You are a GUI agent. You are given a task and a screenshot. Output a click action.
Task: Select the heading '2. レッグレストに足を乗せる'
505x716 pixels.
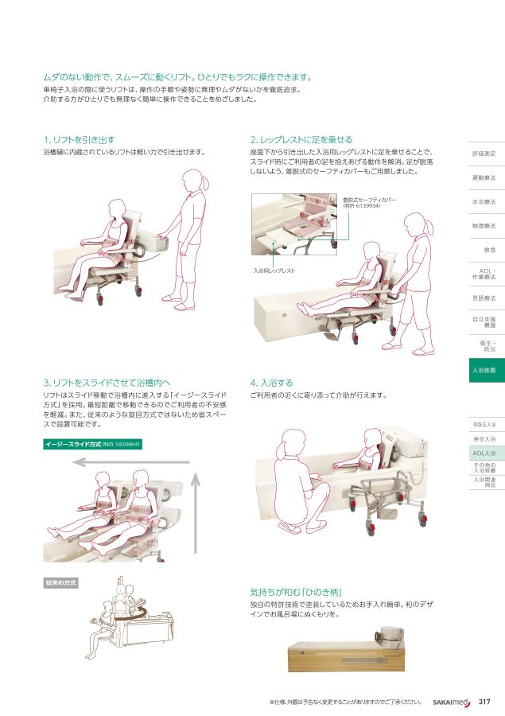(301, 139)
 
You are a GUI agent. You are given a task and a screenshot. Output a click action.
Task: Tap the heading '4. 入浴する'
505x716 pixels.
(271, 382)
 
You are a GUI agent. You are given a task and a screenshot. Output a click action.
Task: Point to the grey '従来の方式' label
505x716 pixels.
(60, 583)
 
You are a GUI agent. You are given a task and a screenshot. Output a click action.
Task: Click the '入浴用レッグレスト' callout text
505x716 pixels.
(274, 270)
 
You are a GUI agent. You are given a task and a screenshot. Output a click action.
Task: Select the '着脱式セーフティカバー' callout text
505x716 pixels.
(369, 202)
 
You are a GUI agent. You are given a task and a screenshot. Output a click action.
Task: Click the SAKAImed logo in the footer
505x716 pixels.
(452, 702)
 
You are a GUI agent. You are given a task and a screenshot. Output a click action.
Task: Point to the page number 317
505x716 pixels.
(485, 702)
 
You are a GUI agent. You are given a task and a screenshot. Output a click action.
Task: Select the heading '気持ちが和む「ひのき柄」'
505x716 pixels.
(295, 592)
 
